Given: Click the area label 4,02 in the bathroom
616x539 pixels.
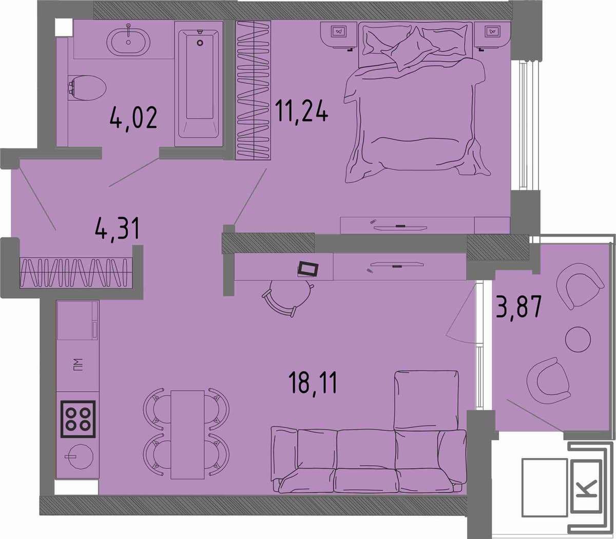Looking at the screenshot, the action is tap(133, 118).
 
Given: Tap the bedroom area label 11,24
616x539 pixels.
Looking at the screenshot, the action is tap(302, 111).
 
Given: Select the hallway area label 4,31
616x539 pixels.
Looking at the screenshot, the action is tap(117, 228).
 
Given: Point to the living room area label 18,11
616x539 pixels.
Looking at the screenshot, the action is tap(313, 382).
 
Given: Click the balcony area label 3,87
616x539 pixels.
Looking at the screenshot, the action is tap(518, 306).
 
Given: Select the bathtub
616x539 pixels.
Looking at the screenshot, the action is tap(199, 84).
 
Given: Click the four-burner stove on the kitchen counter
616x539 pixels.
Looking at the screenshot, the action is tap(78, 419).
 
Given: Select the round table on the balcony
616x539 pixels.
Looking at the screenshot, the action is tap(578, 339).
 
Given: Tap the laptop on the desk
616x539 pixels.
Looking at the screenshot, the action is tap(307, 269).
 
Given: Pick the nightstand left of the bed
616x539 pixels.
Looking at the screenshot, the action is tap(339, 34).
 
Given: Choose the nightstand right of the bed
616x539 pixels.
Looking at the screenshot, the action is tap(492, 34).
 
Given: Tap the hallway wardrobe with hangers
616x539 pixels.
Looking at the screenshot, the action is tap(76, 273).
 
